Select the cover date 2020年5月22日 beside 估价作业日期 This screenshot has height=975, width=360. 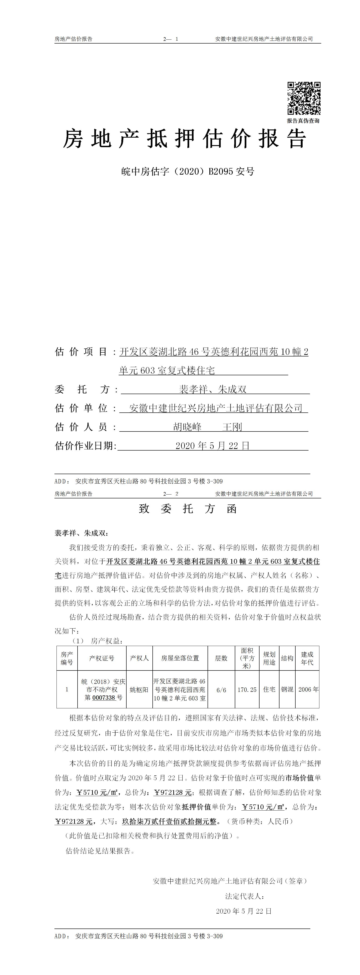tap(212, 446)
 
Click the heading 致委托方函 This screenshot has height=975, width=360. tap(188, 509)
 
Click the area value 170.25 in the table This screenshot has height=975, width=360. tap(247, 690)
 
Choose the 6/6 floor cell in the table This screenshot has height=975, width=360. tap(221, 690)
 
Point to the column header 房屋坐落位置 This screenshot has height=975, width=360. tap(180, 658)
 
